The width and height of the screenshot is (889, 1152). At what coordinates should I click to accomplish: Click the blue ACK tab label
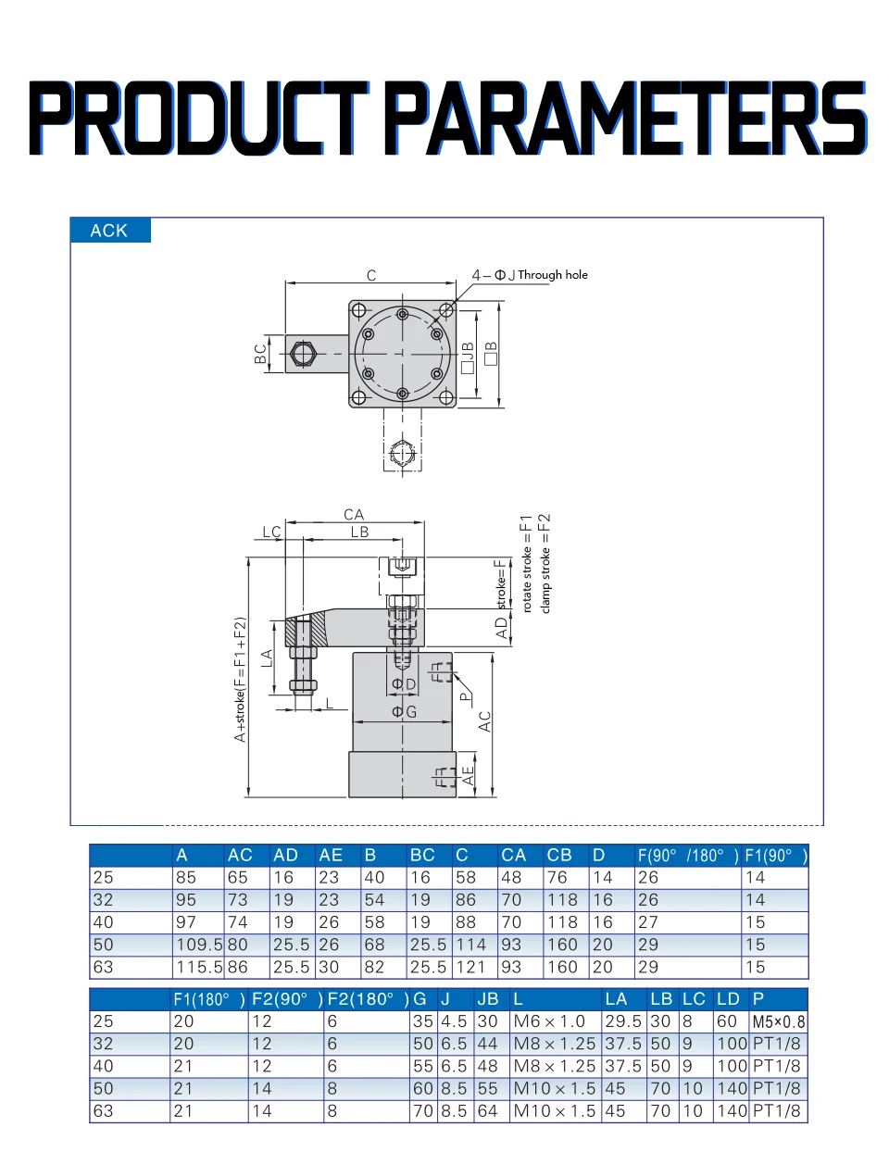[x=108, y=231]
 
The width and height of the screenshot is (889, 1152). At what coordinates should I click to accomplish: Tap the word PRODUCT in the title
[x=199, y=118]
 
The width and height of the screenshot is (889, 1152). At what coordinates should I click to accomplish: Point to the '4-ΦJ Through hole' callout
[x=530, y=275]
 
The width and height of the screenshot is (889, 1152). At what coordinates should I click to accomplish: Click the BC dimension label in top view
[x=260, y=354]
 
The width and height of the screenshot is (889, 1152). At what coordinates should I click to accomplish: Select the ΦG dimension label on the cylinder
[x=404, y=712]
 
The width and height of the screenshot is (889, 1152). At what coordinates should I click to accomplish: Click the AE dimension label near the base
[x=468, y=776]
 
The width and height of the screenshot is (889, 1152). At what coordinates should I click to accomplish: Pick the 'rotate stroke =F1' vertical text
[x=526, y=564]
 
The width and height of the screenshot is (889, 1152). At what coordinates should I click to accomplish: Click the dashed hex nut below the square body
[x=402, y=453]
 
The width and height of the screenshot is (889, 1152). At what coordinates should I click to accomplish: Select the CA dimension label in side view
[x=354, y=515]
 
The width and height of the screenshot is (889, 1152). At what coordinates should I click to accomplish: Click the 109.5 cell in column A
[x=199, y=945]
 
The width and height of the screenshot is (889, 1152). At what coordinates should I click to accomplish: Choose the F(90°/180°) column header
[x=687, y=855]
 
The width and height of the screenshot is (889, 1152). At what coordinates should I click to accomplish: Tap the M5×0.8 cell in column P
[x=778, y=1021]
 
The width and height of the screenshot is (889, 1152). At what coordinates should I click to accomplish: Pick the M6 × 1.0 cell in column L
[x=548, y=1021]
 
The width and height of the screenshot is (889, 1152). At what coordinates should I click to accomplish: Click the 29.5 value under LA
[x=623, y=1021]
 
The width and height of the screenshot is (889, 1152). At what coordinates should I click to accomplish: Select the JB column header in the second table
[x=487, y=999]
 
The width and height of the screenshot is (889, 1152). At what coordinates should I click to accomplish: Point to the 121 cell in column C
[x=470, y=967]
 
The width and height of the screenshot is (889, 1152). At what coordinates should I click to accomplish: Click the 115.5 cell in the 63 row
[x=199, y=967]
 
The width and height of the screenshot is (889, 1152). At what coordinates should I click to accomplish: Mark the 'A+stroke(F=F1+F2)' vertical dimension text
[x=240, y=679]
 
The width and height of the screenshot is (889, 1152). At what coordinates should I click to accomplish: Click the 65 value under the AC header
[x=237, y=877]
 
